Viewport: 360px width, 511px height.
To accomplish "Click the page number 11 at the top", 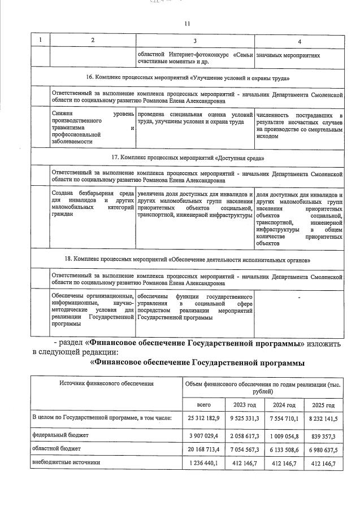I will click(188, 23).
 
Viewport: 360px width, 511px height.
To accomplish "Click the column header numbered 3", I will click(194, 41).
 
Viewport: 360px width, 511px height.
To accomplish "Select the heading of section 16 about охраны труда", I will click(187, 77).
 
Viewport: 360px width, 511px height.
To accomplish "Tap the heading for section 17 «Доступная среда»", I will click(187, 158).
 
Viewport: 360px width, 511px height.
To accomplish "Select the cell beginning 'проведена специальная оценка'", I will click(194, 118).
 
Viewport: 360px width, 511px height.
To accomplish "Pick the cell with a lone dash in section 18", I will click(299, 296).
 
